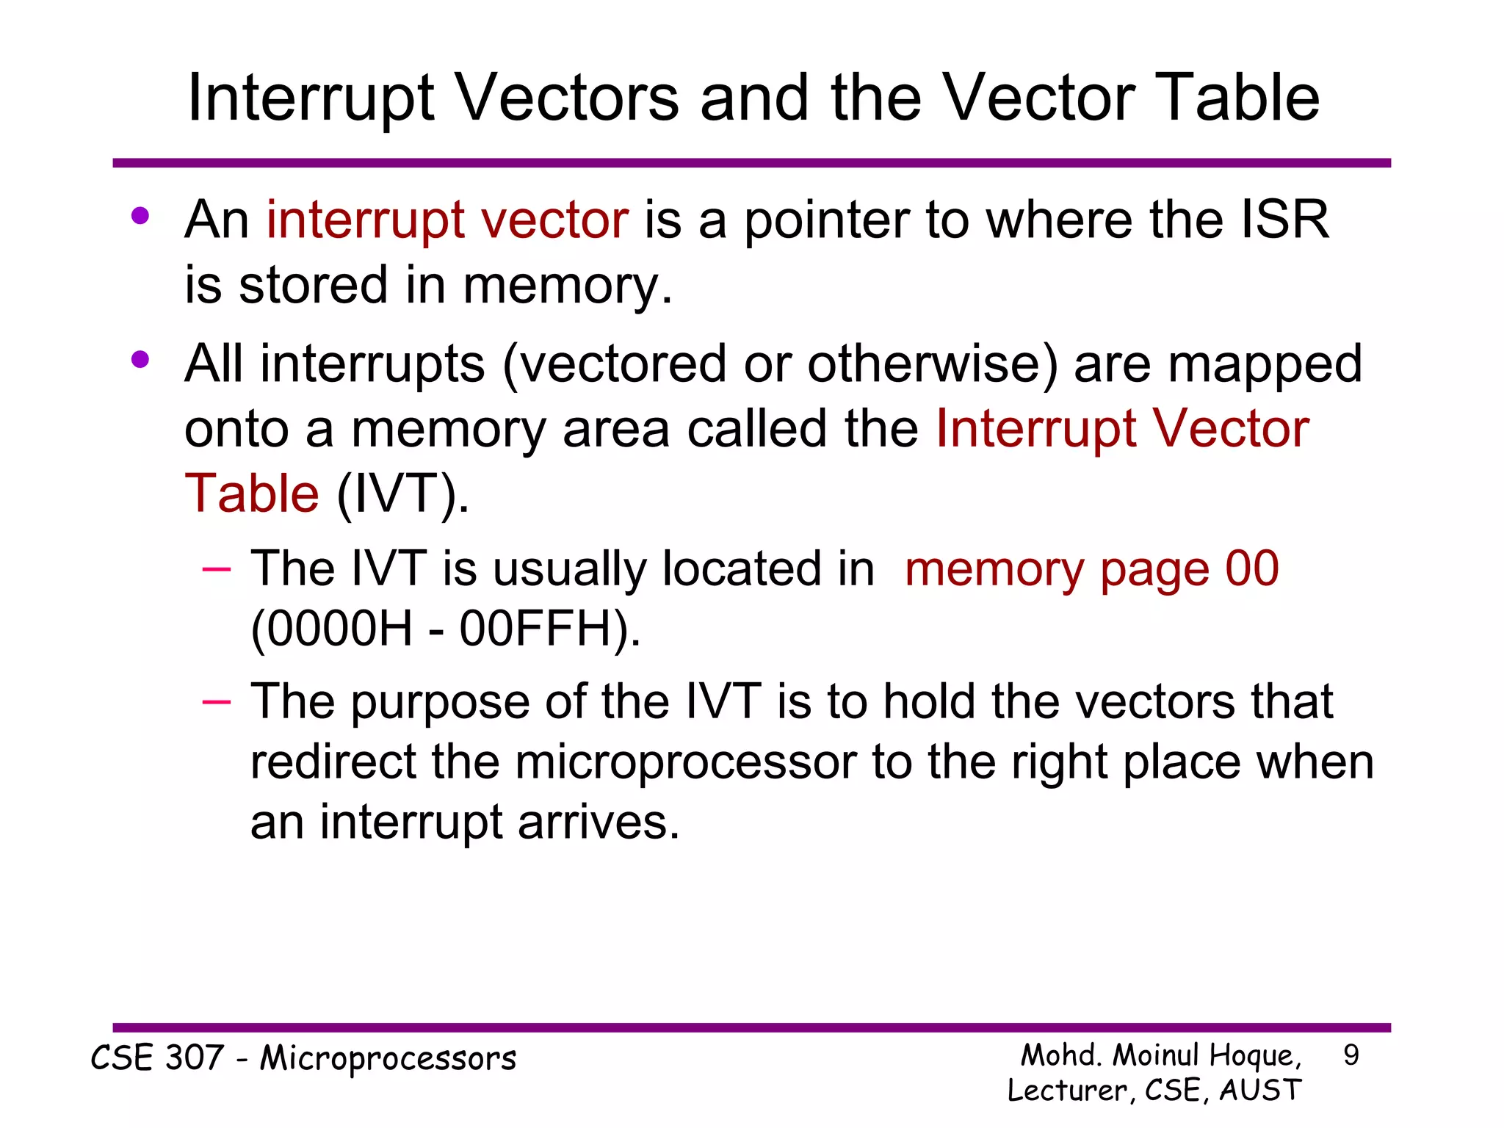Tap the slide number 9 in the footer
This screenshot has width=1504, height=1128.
pyautogui.click(x=1351, y=1055)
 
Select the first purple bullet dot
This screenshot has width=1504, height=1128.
pyautogui.click(x=140, y=216)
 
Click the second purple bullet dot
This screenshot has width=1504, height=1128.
pyautogui.click(x=140, y=360)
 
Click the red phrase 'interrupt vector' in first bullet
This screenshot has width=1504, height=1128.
pyautogui.click(x=447, y=220)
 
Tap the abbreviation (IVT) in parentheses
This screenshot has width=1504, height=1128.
pyautogui.click(x=402, y=493)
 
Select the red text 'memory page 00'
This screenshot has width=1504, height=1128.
pyautogui.click(x=1091, y=568)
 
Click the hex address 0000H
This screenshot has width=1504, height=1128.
pyautogui.click(x=332, y=629)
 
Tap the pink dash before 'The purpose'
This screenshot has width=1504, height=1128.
pyautogui.click(x=217, y=702)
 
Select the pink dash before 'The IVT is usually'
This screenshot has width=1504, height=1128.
pyautogui.click(x=217, y=569)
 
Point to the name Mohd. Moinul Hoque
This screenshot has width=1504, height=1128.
pyautogui.click(x=1160, y=1055)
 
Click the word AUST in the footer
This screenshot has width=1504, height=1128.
pyautogui.click(x=1260, y=1091)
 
